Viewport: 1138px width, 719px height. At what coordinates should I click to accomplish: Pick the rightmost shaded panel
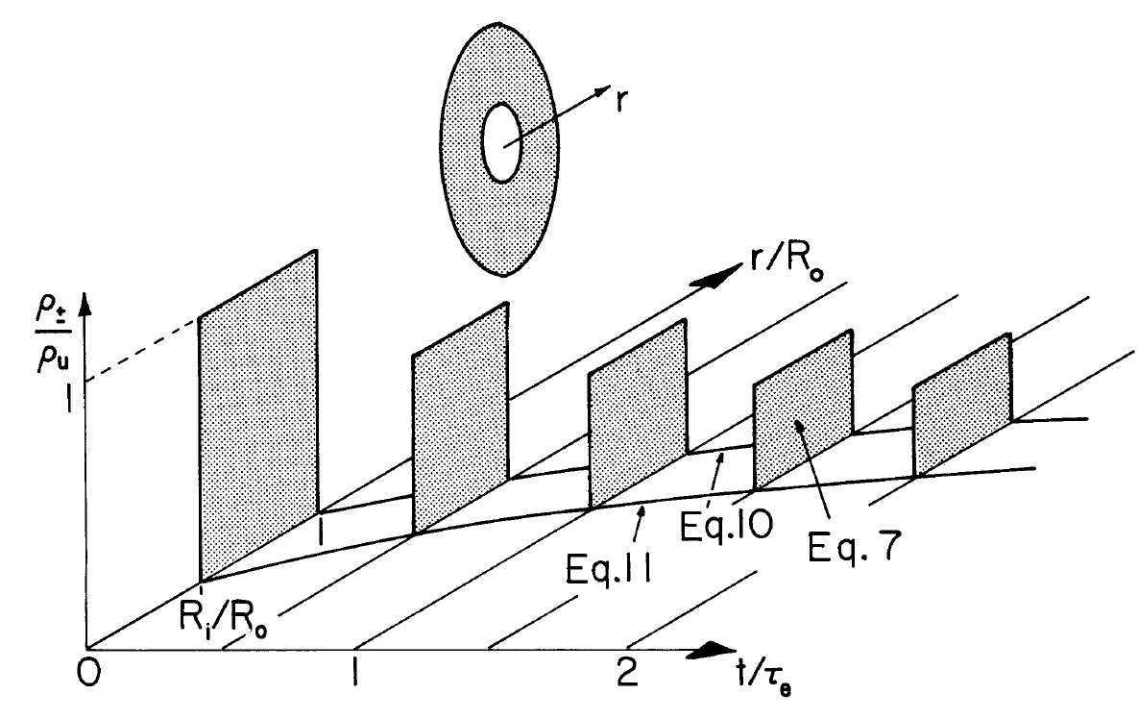[961, 404]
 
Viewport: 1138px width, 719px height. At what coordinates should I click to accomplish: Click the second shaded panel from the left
[460, 418]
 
